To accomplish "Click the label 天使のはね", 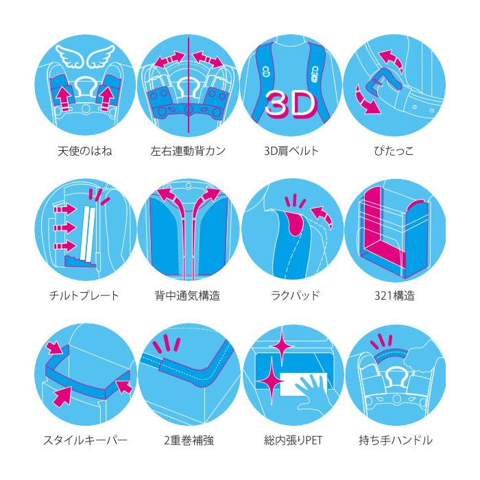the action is click(x=85, y=151).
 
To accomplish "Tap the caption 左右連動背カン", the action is click(x=188, y=151).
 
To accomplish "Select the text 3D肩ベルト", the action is click(x=291, y=151).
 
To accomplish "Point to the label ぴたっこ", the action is click(x=394, y=151).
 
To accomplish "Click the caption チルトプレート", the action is click(x=84, y=296).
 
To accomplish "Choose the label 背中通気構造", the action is click(x=188, y=296).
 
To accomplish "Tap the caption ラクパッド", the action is click(x=295, y=296).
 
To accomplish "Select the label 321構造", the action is click(x=394, y=296).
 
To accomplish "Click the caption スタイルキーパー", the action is click(x=86, y=440).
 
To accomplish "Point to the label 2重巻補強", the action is click(x=189, y=440).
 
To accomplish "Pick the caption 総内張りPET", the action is click(x=293, y=440).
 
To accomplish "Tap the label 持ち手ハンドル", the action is click(x=396, y=440).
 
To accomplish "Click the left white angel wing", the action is click(x=71, y=56).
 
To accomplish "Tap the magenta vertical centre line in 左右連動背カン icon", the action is click(x=189, y=86).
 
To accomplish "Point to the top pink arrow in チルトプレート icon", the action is click(x=65, y=209).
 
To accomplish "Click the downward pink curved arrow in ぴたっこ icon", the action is click(x=366, y=100).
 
